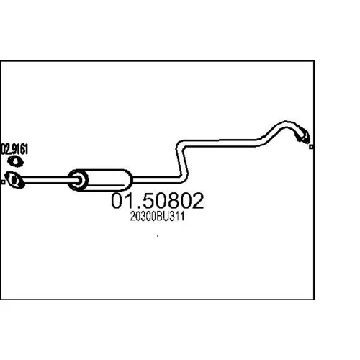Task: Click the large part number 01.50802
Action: tap(158, 200)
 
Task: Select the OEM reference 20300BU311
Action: tap(158, 217)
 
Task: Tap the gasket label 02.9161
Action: tap(14, 149)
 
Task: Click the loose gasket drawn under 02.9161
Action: tap(15, 161)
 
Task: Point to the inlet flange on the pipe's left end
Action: tap(14, 180)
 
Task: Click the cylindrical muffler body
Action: tap(100, 180)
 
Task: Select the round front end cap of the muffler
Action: tap(78, 180)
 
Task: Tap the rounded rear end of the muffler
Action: tap(127, 180)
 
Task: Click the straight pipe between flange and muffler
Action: tap(45, 180)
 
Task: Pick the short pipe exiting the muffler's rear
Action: tap(156, 180)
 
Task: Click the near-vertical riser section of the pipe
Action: tap(182, 161)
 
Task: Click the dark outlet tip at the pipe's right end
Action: tap(303, 136)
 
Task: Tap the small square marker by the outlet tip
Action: tap(311, 147)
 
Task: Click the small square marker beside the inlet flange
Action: tap(3, 182)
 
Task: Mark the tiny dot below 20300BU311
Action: tap(158, 236)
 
